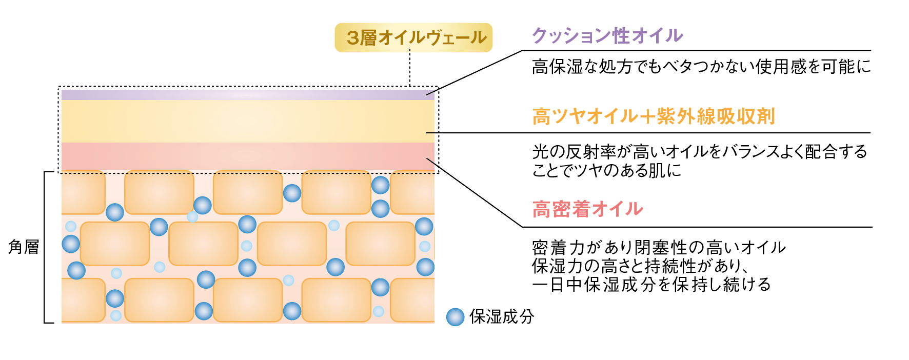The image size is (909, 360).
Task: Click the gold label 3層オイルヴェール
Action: point(413,37)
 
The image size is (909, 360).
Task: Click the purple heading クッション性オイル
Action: point(607,35)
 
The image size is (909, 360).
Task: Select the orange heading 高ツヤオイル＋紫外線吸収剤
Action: point(654,116)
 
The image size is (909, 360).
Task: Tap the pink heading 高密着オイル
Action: point(587,209)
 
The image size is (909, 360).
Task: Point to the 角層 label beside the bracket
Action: point(24,247)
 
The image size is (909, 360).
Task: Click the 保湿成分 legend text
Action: point(502,317)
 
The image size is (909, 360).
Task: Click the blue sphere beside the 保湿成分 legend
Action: point(455,317)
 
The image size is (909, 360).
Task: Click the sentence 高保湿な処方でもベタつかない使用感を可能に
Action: point(701,67)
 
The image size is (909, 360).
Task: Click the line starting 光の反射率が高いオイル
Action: point(700,152)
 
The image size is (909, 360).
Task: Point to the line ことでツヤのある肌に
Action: point(607,170)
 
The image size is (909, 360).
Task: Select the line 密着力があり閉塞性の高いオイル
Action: point(659,248)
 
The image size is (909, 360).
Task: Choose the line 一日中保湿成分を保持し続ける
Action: point(651,285)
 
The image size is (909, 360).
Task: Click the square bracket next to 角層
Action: point(45,247)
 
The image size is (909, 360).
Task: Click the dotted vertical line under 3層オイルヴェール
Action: point(410,68)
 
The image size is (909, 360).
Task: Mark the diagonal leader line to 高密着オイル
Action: point(475,193)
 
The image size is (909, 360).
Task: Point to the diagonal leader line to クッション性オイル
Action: point(475,72)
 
